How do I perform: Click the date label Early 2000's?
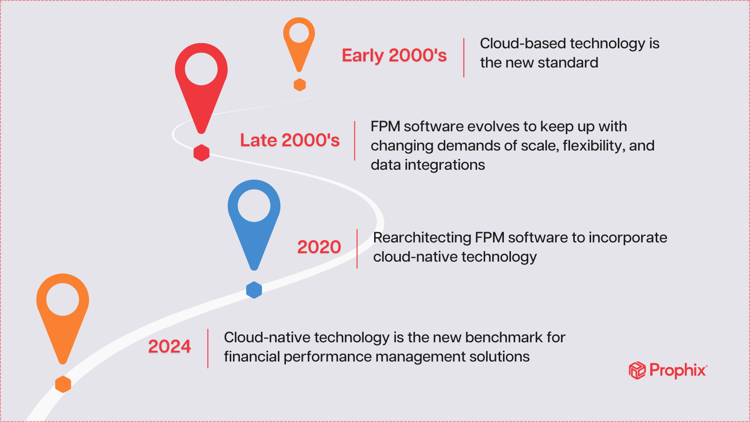394,56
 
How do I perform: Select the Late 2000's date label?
290,140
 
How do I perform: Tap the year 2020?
319,247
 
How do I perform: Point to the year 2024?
169,347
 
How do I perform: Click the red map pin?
201,80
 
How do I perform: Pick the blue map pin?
254,216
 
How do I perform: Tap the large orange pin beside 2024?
63,309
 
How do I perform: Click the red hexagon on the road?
202,153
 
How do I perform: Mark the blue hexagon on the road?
254,290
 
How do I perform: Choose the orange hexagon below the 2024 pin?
63,384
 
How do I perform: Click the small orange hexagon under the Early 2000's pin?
300,85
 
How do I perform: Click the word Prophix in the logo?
677,370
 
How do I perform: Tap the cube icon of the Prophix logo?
637,370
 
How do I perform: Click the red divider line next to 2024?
208,348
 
